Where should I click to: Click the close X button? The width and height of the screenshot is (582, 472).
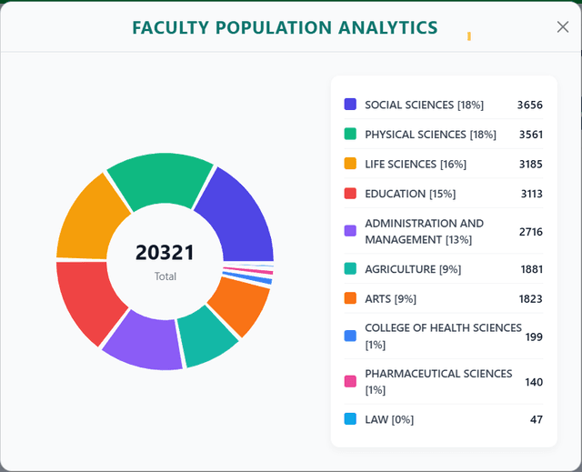(563, 27)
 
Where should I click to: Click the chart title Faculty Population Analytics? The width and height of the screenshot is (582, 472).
(285, 28)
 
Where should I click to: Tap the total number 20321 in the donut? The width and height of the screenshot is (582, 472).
(165, 253)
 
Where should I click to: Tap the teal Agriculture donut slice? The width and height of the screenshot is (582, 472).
(206, 336)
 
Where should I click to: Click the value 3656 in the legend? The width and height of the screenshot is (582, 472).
(530, 105)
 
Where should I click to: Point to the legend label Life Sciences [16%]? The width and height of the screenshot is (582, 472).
(416, 164)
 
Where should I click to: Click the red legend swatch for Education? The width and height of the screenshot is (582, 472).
(350, 194)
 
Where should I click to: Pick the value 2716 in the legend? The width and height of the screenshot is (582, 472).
(531, 232)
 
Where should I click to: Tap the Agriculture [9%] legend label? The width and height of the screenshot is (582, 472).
(413, 269)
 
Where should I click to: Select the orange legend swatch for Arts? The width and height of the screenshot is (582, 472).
(350, 298)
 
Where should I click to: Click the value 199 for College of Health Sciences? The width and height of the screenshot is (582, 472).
(534, 336)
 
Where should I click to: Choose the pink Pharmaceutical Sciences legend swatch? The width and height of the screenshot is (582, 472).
(350, 381)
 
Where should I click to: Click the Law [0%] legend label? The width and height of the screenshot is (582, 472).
(389, 419)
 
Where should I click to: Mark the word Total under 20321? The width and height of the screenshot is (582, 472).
(166, 276)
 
